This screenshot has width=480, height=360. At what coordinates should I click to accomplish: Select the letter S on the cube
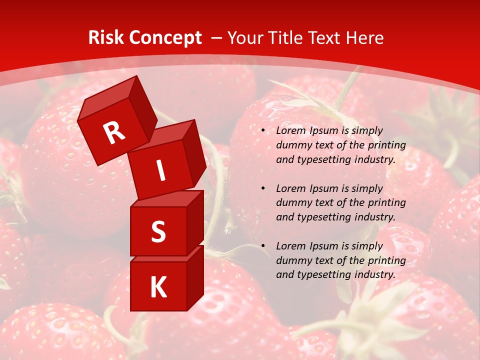pos(158,231)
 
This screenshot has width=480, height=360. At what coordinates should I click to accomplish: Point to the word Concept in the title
pos(165,37)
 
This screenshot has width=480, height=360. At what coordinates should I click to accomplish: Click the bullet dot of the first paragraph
pos(263,131)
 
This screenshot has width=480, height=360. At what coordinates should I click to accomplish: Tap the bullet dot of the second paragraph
pos(263,188)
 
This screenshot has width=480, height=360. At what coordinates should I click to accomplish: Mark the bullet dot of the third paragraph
pos(263,246)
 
